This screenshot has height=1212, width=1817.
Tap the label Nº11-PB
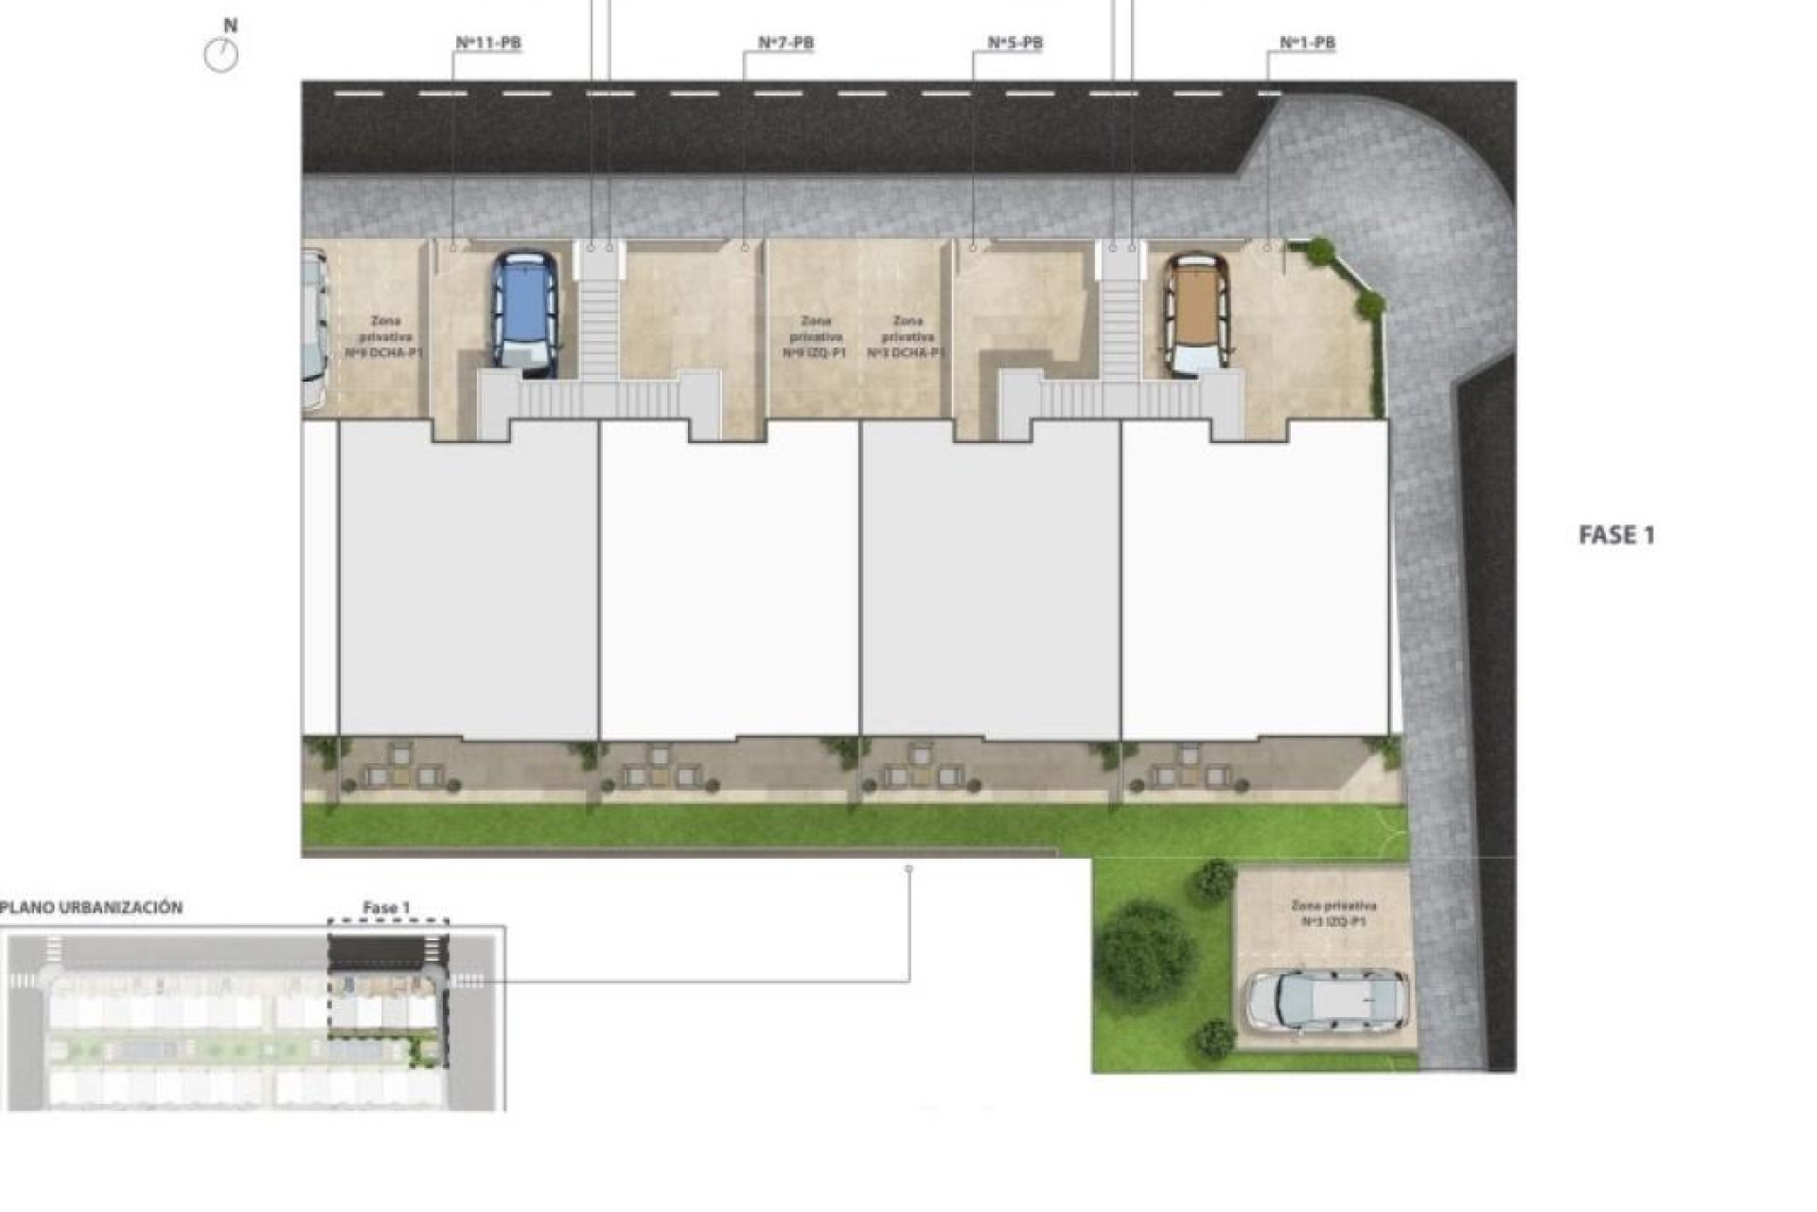[x=488, y=43]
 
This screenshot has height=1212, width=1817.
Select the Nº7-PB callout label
[x=785, y=43]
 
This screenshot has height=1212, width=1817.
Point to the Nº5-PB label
[x=1014, y=43]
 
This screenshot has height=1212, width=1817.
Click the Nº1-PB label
[x=1307, y=43]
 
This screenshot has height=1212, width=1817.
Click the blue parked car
[x=523, y=310]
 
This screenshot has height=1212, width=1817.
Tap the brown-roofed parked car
[x=1197, y=312]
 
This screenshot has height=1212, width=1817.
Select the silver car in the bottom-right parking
[x=1327, y=1000]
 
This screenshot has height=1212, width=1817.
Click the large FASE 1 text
[x=1616, y=535]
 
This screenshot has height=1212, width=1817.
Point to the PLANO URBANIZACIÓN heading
[x=92, y=907]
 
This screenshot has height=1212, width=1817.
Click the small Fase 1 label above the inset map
[x=386, y=907]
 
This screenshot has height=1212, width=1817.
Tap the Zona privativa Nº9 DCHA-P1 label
[x=384, y=337]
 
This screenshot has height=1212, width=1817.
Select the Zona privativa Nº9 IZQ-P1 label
[x=814, y=337]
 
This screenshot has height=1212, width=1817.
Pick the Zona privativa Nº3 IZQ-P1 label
[x=1333, y=913]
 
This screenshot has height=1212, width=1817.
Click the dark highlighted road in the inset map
[x=388, y=951]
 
